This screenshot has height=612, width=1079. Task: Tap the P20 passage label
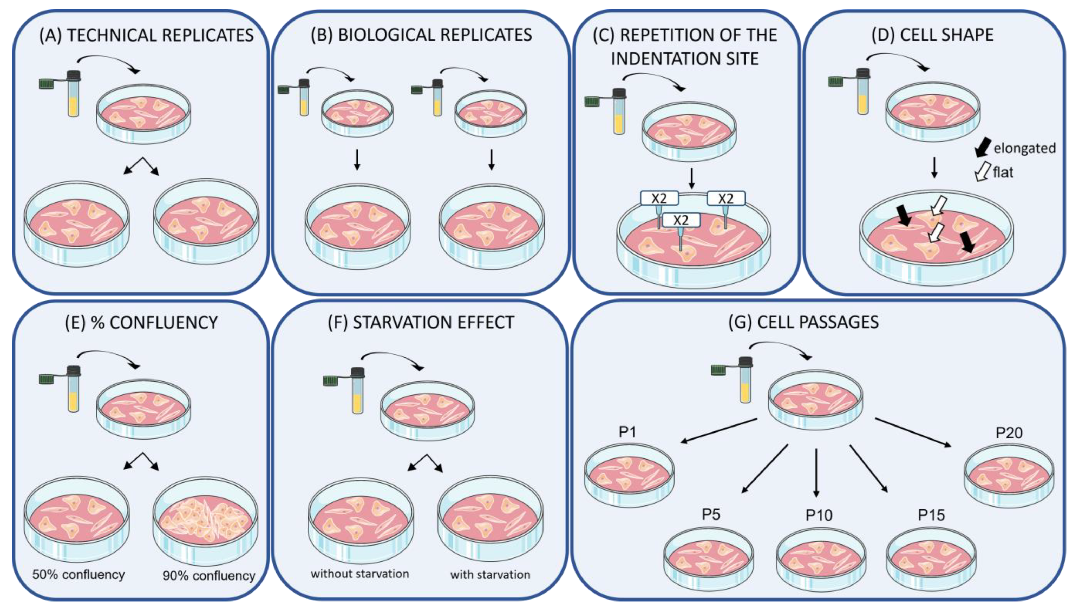[1009, 433]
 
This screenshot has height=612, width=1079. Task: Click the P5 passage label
[711, 515]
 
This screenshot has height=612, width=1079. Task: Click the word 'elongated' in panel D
[1024, 148]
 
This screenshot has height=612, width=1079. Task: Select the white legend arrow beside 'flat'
[983, 172]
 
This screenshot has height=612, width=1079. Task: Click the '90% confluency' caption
[209, 575]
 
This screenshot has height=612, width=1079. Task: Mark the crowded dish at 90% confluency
[206, 521]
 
